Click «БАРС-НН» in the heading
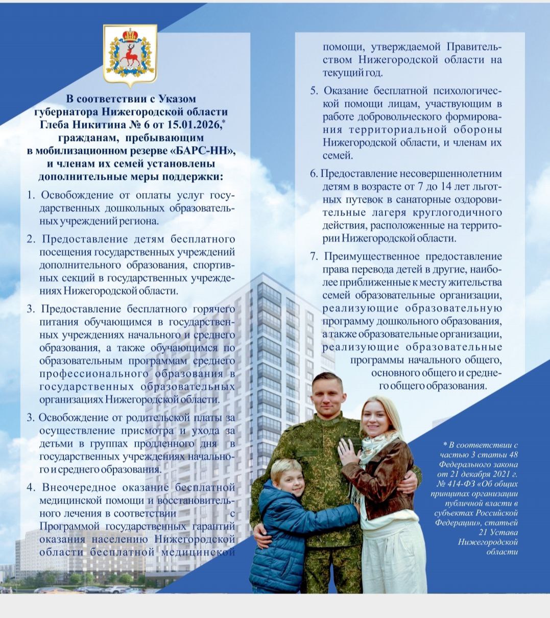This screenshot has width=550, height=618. click(208, 151)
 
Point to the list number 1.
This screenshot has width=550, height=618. click(31, 195)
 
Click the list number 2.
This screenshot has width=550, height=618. click(31, 239)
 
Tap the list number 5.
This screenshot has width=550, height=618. click(314, 91)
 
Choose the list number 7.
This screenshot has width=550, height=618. click(314, 256)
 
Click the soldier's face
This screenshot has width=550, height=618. click(326, 396)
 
